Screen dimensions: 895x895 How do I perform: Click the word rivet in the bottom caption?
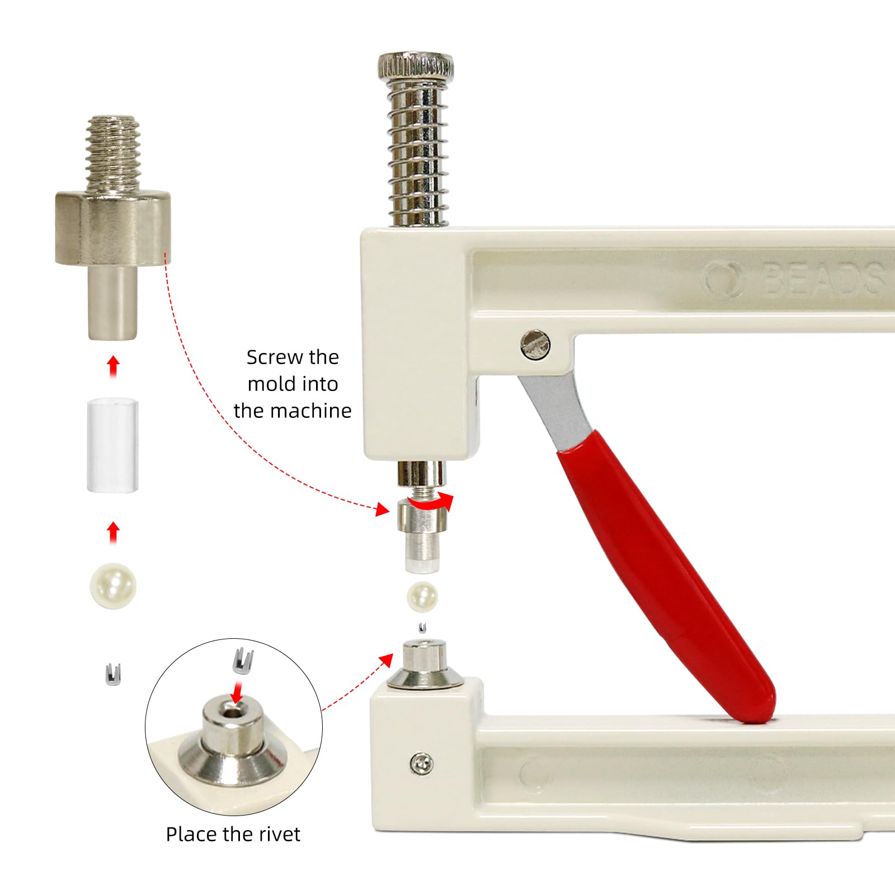pos(278,835)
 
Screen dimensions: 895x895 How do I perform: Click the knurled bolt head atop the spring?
pos(416,65)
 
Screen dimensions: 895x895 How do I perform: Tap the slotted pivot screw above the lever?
pos(535,345)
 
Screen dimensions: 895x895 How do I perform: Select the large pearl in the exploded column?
pos(113,586)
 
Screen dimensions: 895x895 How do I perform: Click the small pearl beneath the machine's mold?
pos(422,597)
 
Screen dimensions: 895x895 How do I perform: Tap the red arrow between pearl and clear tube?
pos(114,532)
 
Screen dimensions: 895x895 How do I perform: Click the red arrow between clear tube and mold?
pos(114,366)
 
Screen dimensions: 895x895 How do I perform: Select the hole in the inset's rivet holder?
pos(230,712)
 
